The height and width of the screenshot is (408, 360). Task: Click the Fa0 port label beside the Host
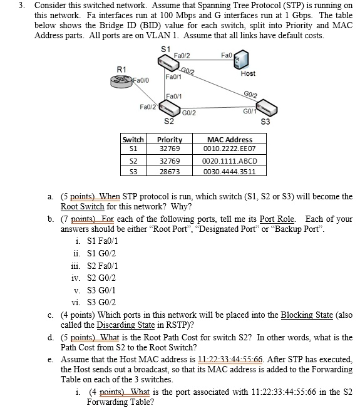click(227, 55)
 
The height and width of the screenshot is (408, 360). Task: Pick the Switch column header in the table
click(133, 139)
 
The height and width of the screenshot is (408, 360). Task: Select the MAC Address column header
click(229, 139)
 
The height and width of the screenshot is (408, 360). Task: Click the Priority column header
click(170, 139)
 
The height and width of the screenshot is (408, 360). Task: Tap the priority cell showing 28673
click(170, 170)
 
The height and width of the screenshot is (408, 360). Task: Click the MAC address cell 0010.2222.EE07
click(229, 149)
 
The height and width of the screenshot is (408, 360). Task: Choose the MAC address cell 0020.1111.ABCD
click(230, 160)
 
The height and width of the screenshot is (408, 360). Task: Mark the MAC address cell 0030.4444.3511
click(229, 170)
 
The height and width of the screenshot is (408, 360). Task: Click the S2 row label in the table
click(133, 160)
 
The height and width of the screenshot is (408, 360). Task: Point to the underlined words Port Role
click(280, 219)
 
